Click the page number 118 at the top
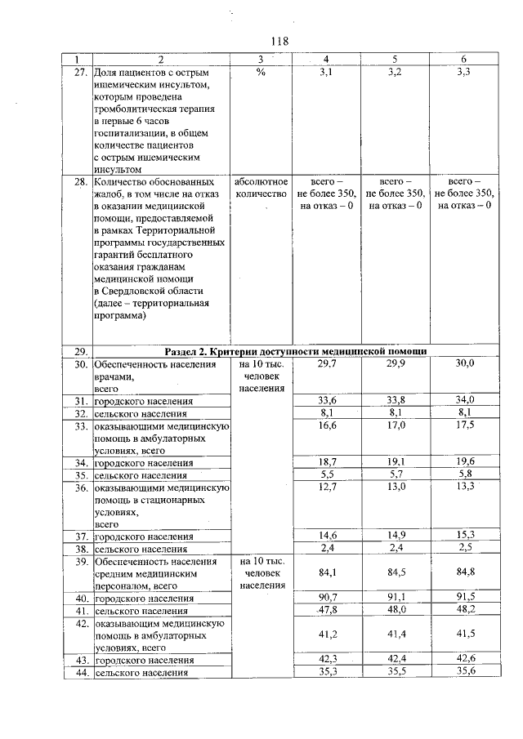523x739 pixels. click(x=279, y=41)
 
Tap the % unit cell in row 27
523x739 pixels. click(x=261, y=73)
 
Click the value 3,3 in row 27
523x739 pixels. click(x=464, y=73)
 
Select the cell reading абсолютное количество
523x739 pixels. click(x=261, y=187)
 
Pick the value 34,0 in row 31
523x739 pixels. click(x=464, y=400)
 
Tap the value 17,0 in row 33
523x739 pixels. click(x=396, y=425)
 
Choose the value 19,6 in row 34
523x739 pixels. click(x=464, y=461)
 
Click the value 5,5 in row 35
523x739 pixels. click(x=326, y=474)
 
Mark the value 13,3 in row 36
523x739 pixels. click(x=464, y=487)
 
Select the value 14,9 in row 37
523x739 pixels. click(x=396, y=536)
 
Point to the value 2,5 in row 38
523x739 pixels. click(x=464, y=548)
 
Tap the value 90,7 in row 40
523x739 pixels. click(x=326, y=597)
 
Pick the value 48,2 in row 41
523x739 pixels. click(x=464, y=609)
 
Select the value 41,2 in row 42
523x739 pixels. click(x=326, y=634)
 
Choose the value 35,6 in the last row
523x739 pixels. click(x=464, y=672)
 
